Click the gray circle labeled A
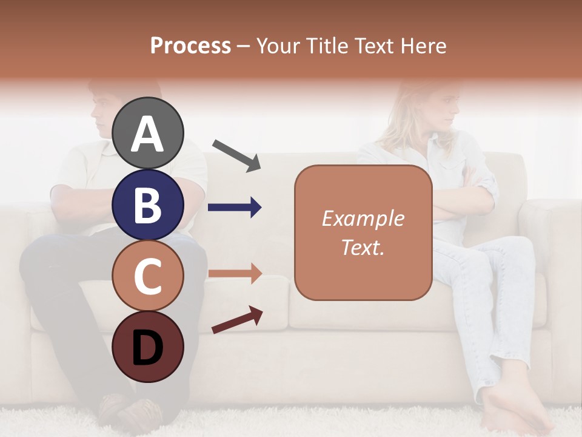(x=148, y=133)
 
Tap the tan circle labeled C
(x=148, y=276)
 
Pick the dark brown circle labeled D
(x=148, y=347)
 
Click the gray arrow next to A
(x=236, y=155)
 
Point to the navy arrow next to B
(x=235, y=208)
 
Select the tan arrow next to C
(x=235, y=273)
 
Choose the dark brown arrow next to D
(x=236, y=320)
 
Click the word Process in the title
(x=190, y=46)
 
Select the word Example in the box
(x=363, y=218)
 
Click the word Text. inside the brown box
(x=363, y=247)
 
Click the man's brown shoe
(x=130, y=413)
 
